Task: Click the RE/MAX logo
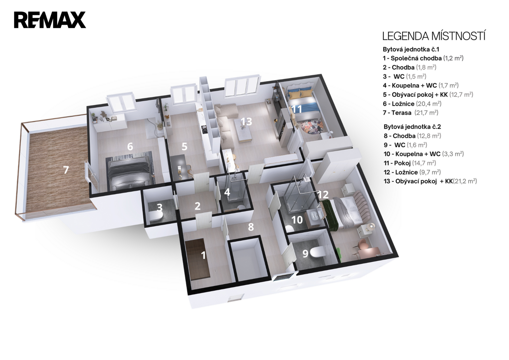click(x=50, y=20)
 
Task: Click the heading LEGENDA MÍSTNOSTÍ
click(x=434, y=36)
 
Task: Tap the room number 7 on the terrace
click(x=66, y=170)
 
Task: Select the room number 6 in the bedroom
click(x=130, y=147)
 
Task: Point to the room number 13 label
click(x=246, y=121)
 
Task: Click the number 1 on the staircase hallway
click(x=204, y=255)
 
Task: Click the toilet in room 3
click(x=156, y=216)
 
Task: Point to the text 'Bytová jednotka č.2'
click(x=412, y=127)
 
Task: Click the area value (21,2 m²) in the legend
click(x=465, y=181)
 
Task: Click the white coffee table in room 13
click(x=244, y=130)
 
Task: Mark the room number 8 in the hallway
click(x=251, y=227)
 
